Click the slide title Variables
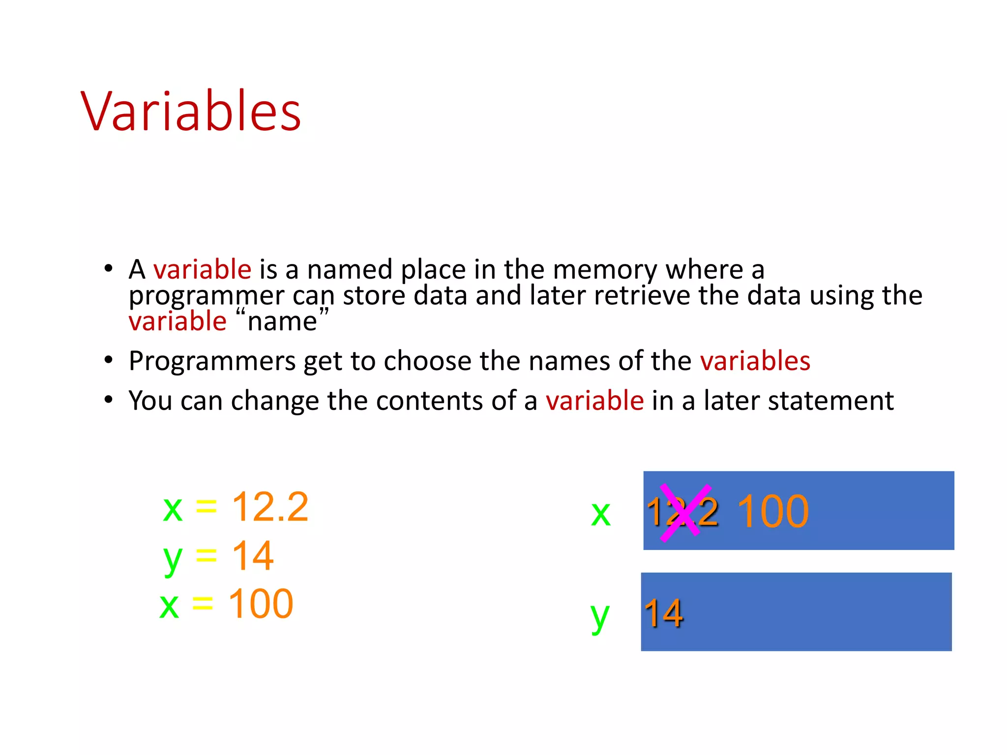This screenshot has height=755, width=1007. pyautogui.click(x=191, y=112)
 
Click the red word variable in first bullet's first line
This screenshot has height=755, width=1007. pyautogui.click(x=202, y=269)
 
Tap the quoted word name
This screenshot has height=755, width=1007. pyautogui.click(x=282, y=321)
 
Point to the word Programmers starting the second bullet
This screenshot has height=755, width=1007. pyautogui.click(x=211, y=361)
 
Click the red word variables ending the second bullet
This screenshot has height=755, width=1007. pyautogui.click(x=755, y=361)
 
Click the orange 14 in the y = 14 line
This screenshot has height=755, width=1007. pyautogui.click(x=252, y=556)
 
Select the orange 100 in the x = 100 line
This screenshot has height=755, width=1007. pyautogui.click(x=261, y=604)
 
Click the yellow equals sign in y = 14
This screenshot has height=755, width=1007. pyautogui.click(x=206, y=556)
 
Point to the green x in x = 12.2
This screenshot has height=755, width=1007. pyautogui.click(x=173, y=509)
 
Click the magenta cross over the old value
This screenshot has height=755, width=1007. pyautogui.click(x=684, y=513)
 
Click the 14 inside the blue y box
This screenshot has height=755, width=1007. pyautogui.click(x=663, y=613)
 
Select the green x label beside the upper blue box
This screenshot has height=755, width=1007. pyautogui.click(x=600, y=514)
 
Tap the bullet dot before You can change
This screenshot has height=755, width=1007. pyautogui.click(x=109, y=400)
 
